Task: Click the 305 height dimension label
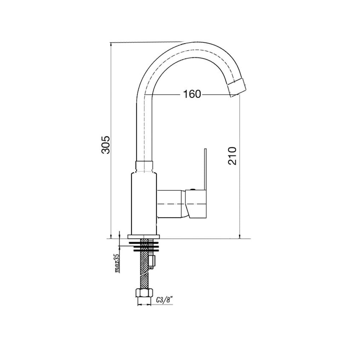(x=106, y=145)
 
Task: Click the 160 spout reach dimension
(x=192, y=94)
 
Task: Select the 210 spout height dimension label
(x=232, y=156)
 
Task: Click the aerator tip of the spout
(x=238, y=87)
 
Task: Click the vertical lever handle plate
(x=205, y=169)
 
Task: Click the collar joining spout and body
(x=144, y=167)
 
